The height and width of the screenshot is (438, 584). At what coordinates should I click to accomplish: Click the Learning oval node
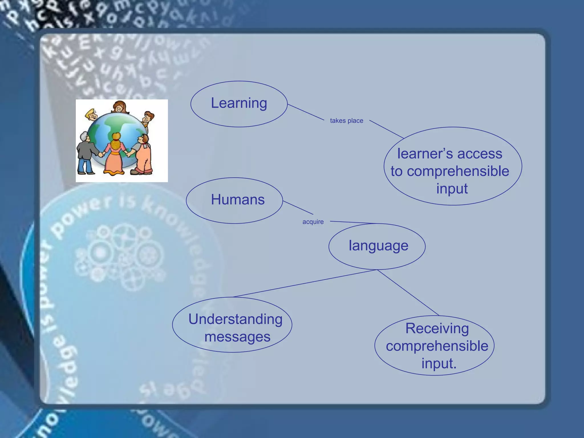(239, 104)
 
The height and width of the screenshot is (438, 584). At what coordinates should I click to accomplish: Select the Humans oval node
(234, 200)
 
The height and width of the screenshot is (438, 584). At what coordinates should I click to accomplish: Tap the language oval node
(377, 246)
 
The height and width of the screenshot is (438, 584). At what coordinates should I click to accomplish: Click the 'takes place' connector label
(346, 121)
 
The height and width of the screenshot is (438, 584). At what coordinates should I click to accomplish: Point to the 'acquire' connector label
(313, 222)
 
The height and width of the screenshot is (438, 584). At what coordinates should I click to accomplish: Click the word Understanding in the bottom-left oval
(235, 319)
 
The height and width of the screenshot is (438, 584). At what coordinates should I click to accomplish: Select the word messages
(237, 337)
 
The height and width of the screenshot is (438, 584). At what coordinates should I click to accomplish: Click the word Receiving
(437, 328)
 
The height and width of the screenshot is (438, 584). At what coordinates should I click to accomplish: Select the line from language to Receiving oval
(408, 292)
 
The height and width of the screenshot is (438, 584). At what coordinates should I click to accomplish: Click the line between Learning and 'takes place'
(306, 112)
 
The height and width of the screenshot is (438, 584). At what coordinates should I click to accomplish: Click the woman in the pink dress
(115, 155)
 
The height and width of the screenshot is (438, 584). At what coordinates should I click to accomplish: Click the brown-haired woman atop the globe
(119, 107)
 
